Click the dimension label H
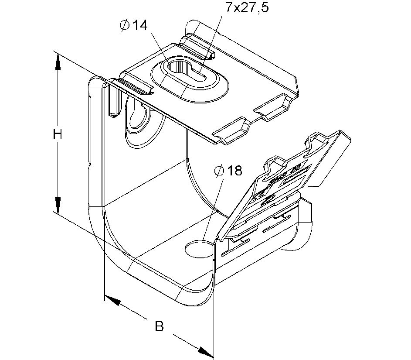click(57, 134)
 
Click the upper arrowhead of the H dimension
click(57, 61)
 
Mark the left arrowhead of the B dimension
click(112, 300)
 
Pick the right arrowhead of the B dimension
click(206, 350)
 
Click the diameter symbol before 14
click(124, 26)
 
